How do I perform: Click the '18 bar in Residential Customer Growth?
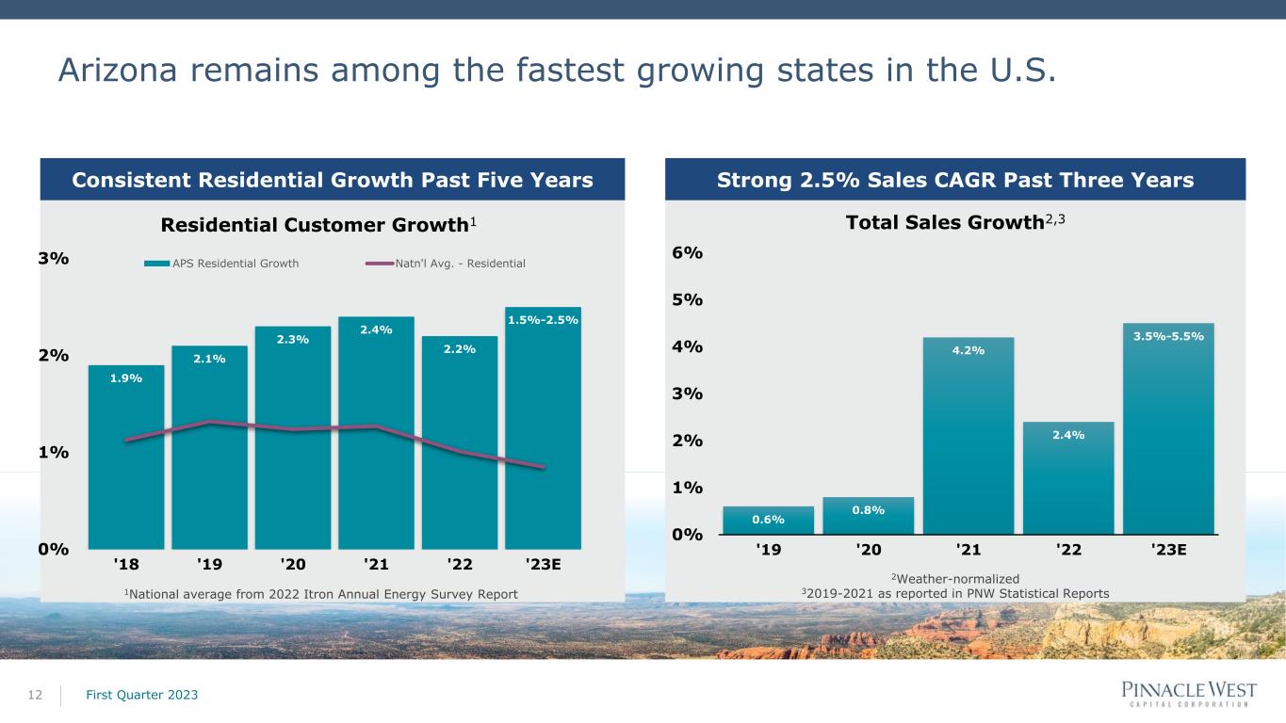[x=125, y=457]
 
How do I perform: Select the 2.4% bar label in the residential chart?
[x=376, y=329]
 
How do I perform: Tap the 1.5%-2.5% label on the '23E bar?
[x=543, y=320]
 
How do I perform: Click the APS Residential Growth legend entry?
[x=221, y=264]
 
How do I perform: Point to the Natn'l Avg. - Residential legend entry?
[x=445, y=264]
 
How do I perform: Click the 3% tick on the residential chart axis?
[x=54, y=258]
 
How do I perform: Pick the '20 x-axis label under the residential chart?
[x=293, y=564]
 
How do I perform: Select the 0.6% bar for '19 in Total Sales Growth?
[x=768, y=520]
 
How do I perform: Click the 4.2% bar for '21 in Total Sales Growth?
[x=969, y=436]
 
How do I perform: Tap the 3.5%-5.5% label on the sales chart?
[x=1168, y=336]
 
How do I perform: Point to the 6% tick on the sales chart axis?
[x=687, y=252]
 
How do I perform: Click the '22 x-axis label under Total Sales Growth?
[x=1068, y=550]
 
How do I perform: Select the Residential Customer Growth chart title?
[x=318, y=224]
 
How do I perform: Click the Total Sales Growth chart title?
[x=955, y=222]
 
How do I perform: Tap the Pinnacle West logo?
[x=1189, y=694]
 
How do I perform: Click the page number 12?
[x=35, y=695]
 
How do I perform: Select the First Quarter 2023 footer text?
[x=142, y=695]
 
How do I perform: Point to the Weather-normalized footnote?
[x=955, y=578]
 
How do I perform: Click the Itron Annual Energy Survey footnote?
[x=321, y=594]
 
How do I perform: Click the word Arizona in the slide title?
[x=118, y=70]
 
